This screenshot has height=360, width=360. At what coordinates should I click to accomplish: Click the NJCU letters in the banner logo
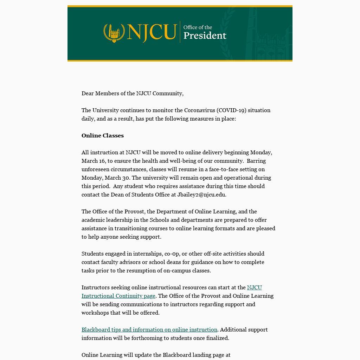point(152,32)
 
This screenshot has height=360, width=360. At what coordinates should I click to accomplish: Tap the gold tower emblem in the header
point(114,33)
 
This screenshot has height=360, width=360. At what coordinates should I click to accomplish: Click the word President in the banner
point(205,36)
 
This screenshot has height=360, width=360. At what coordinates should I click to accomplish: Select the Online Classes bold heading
point(103,136)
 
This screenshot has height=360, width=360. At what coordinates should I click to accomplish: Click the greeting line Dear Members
point(132,94)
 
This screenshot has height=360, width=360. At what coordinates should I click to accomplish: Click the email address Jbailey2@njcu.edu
point(201,195)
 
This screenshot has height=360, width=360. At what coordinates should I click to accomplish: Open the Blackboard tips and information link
point(149,330)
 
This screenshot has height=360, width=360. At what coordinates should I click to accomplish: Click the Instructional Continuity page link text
point(118,296)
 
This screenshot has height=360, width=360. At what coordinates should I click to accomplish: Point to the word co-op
point(171,254)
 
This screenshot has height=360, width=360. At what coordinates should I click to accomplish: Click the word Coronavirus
point(199,110)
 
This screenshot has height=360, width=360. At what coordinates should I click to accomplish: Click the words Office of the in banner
point(198,27)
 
